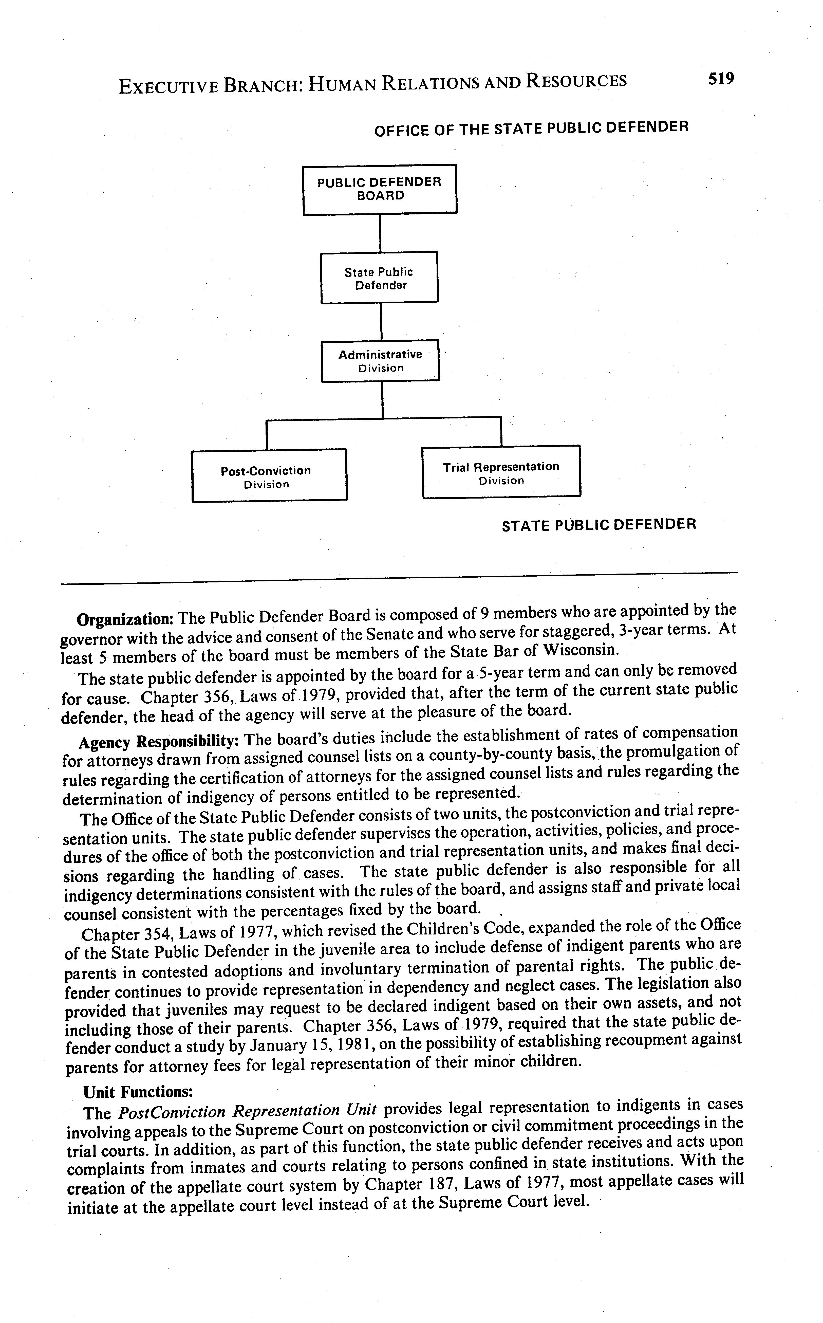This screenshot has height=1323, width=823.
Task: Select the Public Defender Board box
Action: [379, 189]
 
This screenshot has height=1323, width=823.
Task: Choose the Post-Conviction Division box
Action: [269, 475]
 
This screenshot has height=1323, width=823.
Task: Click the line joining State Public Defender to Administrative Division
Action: [381, 321]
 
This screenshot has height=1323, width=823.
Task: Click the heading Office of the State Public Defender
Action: [531, 128]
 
